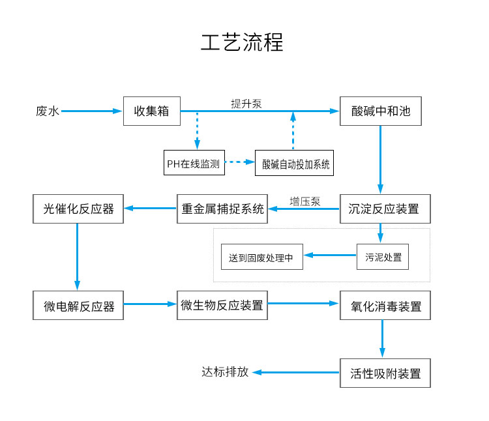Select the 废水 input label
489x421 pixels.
click(47, 111)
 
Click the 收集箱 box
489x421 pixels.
click(151, 111)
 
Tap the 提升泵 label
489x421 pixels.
click(246, 104)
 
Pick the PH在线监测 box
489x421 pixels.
click(194, 162)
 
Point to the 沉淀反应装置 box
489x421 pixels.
click(384, 209)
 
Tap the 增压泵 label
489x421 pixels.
click(304, 201)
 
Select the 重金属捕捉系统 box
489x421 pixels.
click(222, 209)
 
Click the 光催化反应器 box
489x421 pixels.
click(78, 209)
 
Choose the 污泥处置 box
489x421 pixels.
click(383, 256)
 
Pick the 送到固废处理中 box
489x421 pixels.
click(261, 256)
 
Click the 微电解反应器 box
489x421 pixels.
click(78, 306)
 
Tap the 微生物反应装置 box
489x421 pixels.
click(222, 304)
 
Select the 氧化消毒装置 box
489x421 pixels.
click(385, 306)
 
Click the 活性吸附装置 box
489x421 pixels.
click(385, 373)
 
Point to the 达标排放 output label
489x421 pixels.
click(225, 372)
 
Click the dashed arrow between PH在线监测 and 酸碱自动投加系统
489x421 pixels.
click(239, 162)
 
